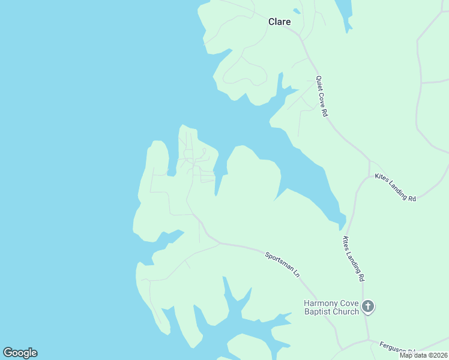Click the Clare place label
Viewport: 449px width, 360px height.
[279, 22]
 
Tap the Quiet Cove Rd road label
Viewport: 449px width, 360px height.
[322, 96]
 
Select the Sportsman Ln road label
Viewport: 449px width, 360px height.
[282, 264]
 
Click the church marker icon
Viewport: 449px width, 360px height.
[368, 307]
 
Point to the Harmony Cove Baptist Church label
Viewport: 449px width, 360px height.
[331, 307]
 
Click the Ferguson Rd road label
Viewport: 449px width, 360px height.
[397, 349]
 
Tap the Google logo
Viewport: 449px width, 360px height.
[20, 353]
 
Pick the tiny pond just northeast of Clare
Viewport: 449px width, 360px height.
[296, 11]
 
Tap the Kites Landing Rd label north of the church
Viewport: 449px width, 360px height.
[353, 259]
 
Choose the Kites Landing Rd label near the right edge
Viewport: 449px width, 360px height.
[395, 187]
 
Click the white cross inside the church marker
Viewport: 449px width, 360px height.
[368, 307]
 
